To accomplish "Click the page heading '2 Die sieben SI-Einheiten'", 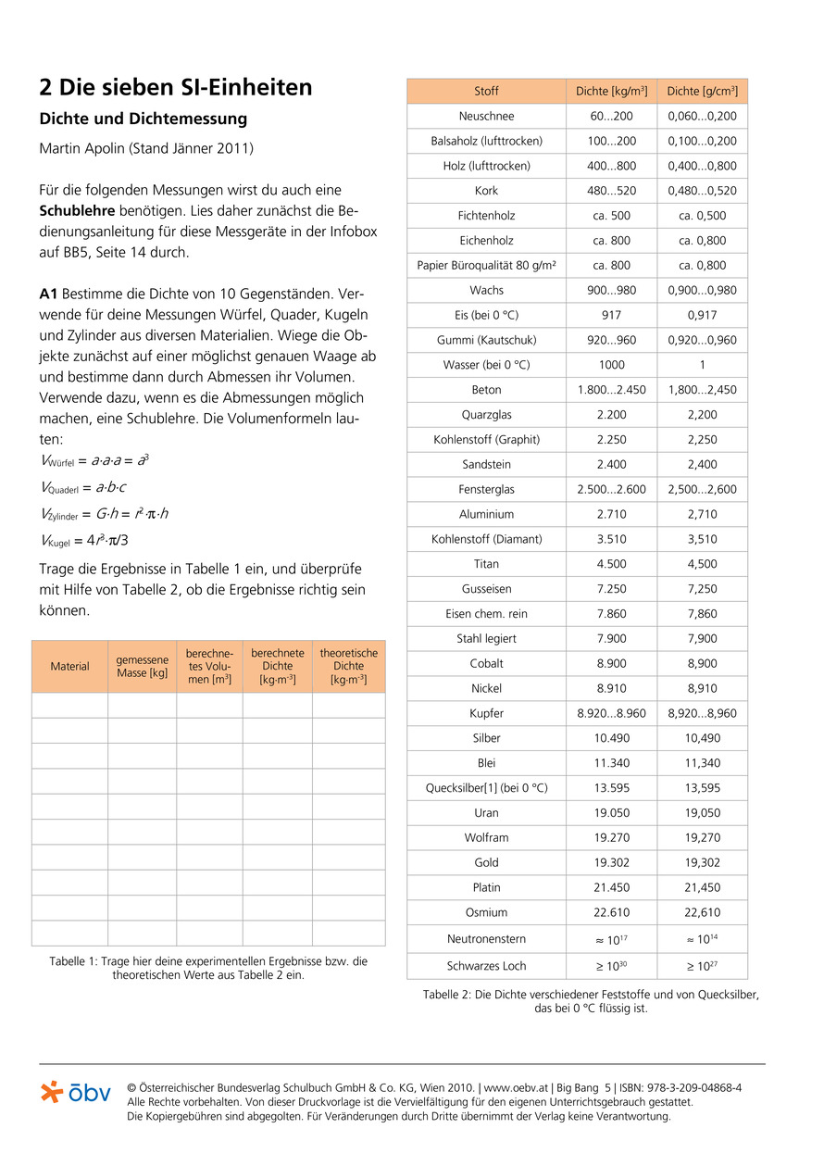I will coord(176,88).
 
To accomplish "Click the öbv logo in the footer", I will coord(76,1093).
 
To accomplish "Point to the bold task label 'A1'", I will coord(49,295).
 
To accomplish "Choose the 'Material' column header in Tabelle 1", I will coord(69,666).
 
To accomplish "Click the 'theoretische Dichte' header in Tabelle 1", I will coord(348,666).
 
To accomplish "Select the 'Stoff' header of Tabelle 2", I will coord(486,91).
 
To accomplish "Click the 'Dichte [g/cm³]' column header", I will coord(702,91).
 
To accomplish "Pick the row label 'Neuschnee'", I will coord(486,116).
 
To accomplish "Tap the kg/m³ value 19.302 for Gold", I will coord(611,862).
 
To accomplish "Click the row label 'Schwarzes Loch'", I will coord(486,966).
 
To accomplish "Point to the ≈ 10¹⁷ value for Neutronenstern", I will coord(611,939).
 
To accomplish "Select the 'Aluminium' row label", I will coord(486,514).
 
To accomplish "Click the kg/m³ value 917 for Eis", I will coord(611,315).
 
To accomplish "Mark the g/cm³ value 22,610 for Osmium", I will coord(702,912).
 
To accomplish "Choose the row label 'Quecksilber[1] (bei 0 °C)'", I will coord(486,788).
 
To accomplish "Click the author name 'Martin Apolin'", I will coord(81,148).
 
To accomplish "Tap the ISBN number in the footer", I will coord(683,1087).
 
